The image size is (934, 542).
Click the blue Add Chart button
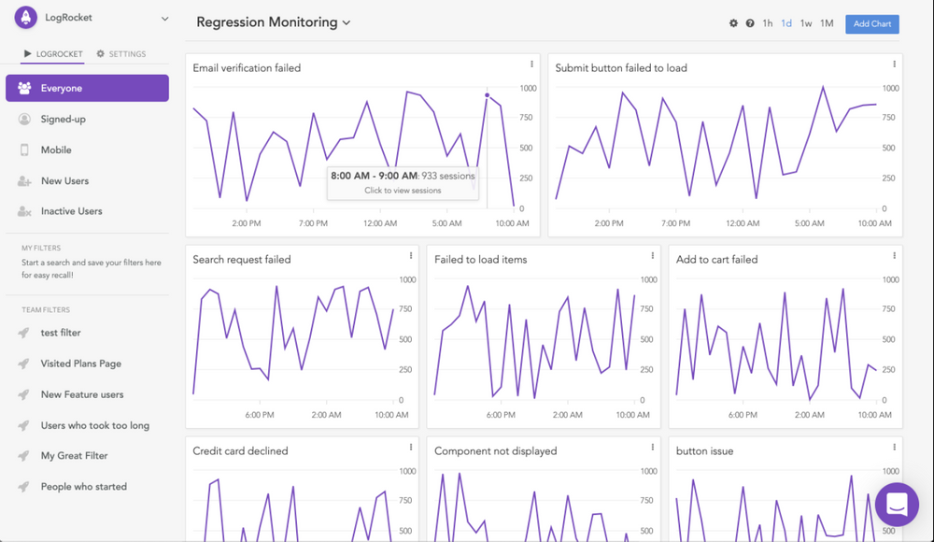871,23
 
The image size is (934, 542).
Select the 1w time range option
806,23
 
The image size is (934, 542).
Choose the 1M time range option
827,23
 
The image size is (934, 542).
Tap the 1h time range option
767,23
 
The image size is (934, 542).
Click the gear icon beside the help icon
733,23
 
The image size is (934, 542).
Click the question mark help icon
750,23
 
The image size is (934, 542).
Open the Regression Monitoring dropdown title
273,22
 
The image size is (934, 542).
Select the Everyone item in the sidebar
87,88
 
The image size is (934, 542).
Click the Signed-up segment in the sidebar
63,120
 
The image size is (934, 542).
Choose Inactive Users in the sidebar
71,211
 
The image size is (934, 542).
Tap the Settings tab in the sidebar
121,54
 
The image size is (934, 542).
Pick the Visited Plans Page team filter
80,364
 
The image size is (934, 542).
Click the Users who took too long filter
94,425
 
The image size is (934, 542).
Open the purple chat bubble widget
897,505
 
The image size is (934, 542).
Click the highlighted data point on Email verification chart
487,95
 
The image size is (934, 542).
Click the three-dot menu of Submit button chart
894,64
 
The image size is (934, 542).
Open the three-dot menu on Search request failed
410,256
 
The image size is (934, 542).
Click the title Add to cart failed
716,260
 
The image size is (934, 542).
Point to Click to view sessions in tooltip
403,191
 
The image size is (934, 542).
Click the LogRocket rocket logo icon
25,18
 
